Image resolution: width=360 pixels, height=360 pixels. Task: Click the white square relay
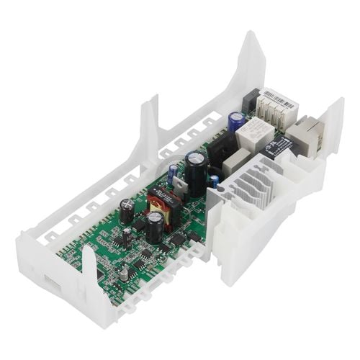tap(256, 132)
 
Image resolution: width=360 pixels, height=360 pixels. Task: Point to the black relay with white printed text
tap(278, 148)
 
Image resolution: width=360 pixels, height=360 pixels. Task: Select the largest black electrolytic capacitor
tap(196, 164)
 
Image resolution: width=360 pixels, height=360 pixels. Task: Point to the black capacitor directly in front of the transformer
tap(155, 227)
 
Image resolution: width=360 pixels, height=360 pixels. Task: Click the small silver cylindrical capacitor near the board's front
tap(125, 274)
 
